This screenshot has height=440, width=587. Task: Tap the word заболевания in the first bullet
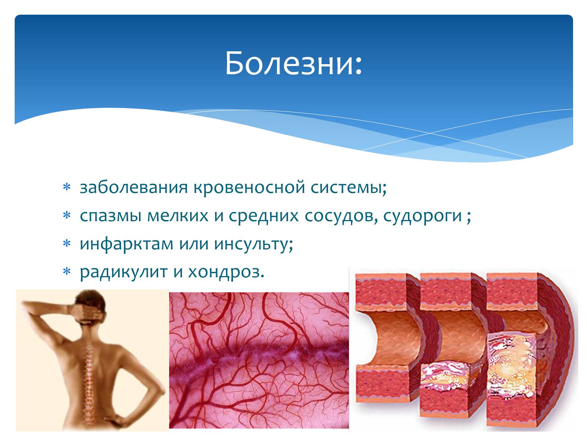pyautogui.click(x=134, y=187)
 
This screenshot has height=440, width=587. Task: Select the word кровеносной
pyautogui.click(x=249, y=187)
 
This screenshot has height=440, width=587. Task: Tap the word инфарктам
pyautogui.click(x=127, y=244)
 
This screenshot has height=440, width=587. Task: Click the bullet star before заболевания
pyautogui.click(x=67, y=187)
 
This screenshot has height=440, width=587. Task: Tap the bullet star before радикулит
pyautogui.click(x=67, y=271)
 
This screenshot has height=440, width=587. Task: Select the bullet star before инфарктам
pyautogui.click(x=67, y=243)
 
